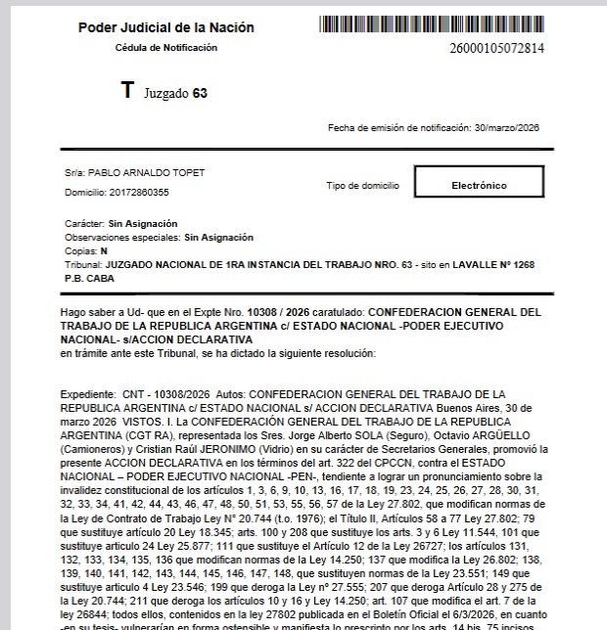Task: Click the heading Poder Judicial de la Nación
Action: click(166, 27)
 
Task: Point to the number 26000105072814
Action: click(497, 47)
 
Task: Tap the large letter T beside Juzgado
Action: click(127, 92)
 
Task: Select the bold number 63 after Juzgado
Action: click(200, 94)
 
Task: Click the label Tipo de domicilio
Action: click(362, 184)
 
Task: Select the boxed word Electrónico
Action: click(479, 184)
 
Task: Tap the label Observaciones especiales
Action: click(121, 237)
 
